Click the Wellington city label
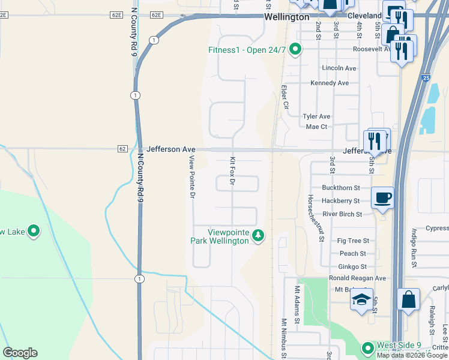[x=287, y=17]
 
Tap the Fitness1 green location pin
[x=295, y=50]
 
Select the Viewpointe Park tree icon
[x=258, y=235]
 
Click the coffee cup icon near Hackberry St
[x=382, y=197]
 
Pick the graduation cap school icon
[x=361, y=300]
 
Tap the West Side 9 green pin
[x=367, y=347]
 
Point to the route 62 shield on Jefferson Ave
[x=122, y=149]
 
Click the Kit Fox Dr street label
[x=232, y=170]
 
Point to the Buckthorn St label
[x=340, y=188]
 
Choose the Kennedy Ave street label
[x=330, y=83]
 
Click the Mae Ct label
[x=316, y=127]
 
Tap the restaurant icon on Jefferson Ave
[x=374, y=142]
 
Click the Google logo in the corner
[x=20, y=353]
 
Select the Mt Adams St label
[x=297, y=304]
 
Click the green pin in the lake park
[x=34, y=230]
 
